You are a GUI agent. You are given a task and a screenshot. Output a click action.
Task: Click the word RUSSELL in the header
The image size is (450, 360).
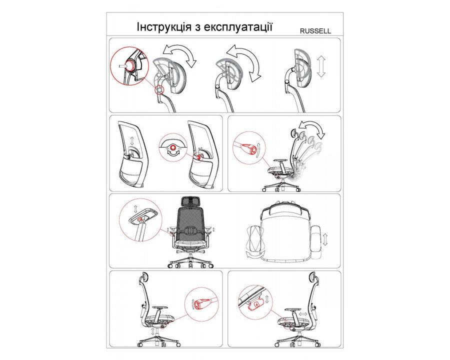click(315, 31)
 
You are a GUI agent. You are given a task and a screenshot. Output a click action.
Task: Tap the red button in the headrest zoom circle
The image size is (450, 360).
click(131, 65)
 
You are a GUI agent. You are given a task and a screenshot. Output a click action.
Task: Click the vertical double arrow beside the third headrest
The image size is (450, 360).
click(321, 66)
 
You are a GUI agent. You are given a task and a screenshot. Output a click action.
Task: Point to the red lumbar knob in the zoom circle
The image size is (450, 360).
click(173, 147)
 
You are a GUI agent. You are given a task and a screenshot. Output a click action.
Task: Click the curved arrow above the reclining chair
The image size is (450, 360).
click(312, 128)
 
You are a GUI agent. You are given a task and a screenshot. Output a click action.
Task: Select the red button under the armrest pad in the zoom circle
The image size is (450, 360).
click(140, 220)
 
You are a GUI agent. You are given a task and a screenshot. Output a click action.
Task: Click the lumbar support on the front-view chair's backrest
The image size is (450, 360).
click(189, 230)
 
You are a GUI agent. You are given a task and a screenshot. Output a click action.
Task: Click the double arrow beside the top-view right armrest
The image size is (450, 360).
click(324, 239)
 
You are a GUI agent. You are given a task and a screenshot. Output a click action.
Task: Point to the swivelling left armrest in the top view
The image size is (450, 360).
click(254, 239)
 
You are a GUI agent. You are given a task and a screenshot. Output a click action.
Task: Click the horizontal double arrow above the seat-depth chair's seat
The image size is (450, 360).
click(302, 314)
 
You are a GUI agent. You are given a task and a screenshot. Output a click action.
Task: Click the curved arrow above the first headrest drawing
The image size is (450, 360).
click(179, 53)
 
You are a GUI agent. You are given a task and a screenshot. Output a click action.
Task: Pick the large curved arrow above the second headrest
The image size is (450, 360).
click(244, 60)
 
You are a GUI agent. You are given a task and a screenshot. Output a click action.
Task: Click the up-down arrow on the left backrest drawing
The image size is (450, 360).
click(132, 140)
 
